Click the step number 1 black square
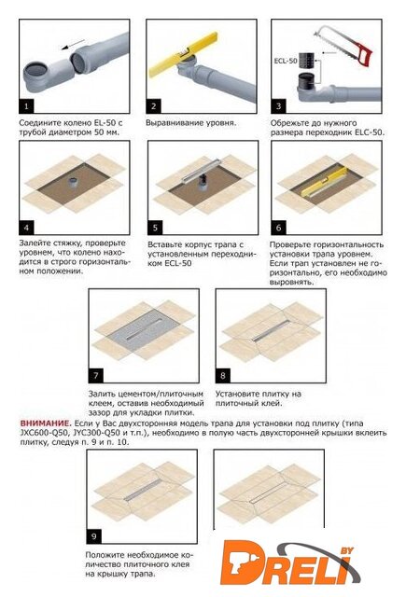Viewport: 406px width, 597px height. tap(26, 106)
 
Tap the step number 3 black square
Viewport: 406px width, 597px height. tap(278, 106)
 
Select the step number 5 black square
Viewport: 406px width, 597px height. tap(155, 228)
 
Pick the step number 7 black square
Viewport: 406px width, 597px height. tap(96, 376)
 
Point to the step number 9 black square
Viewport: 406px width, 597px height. tap(94, 536)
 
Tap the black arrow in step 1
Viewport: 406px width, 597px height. tap(73, 44)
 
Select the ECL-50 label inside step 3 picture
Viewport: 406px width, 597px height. tap(286, 61)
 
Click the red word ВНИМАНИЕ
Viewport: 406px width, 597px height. tap(46, 423)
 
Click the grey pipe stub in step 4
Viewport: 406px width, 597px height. tap(73, 182)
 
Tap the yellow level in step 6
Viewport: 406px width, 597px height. tap(325, 181)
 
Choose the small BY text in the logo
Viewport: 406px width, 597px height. tap(346, 551)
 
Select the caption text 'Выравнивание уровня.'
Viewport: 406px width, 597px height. tap(190, 123)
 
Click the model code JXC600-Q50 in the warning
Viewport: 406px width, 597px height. tap(44, 433)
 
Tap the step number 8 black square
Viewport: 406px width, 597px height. tap(223, 376)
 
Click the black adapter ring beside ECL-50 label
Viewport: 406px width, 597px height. tap(309, 60)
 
